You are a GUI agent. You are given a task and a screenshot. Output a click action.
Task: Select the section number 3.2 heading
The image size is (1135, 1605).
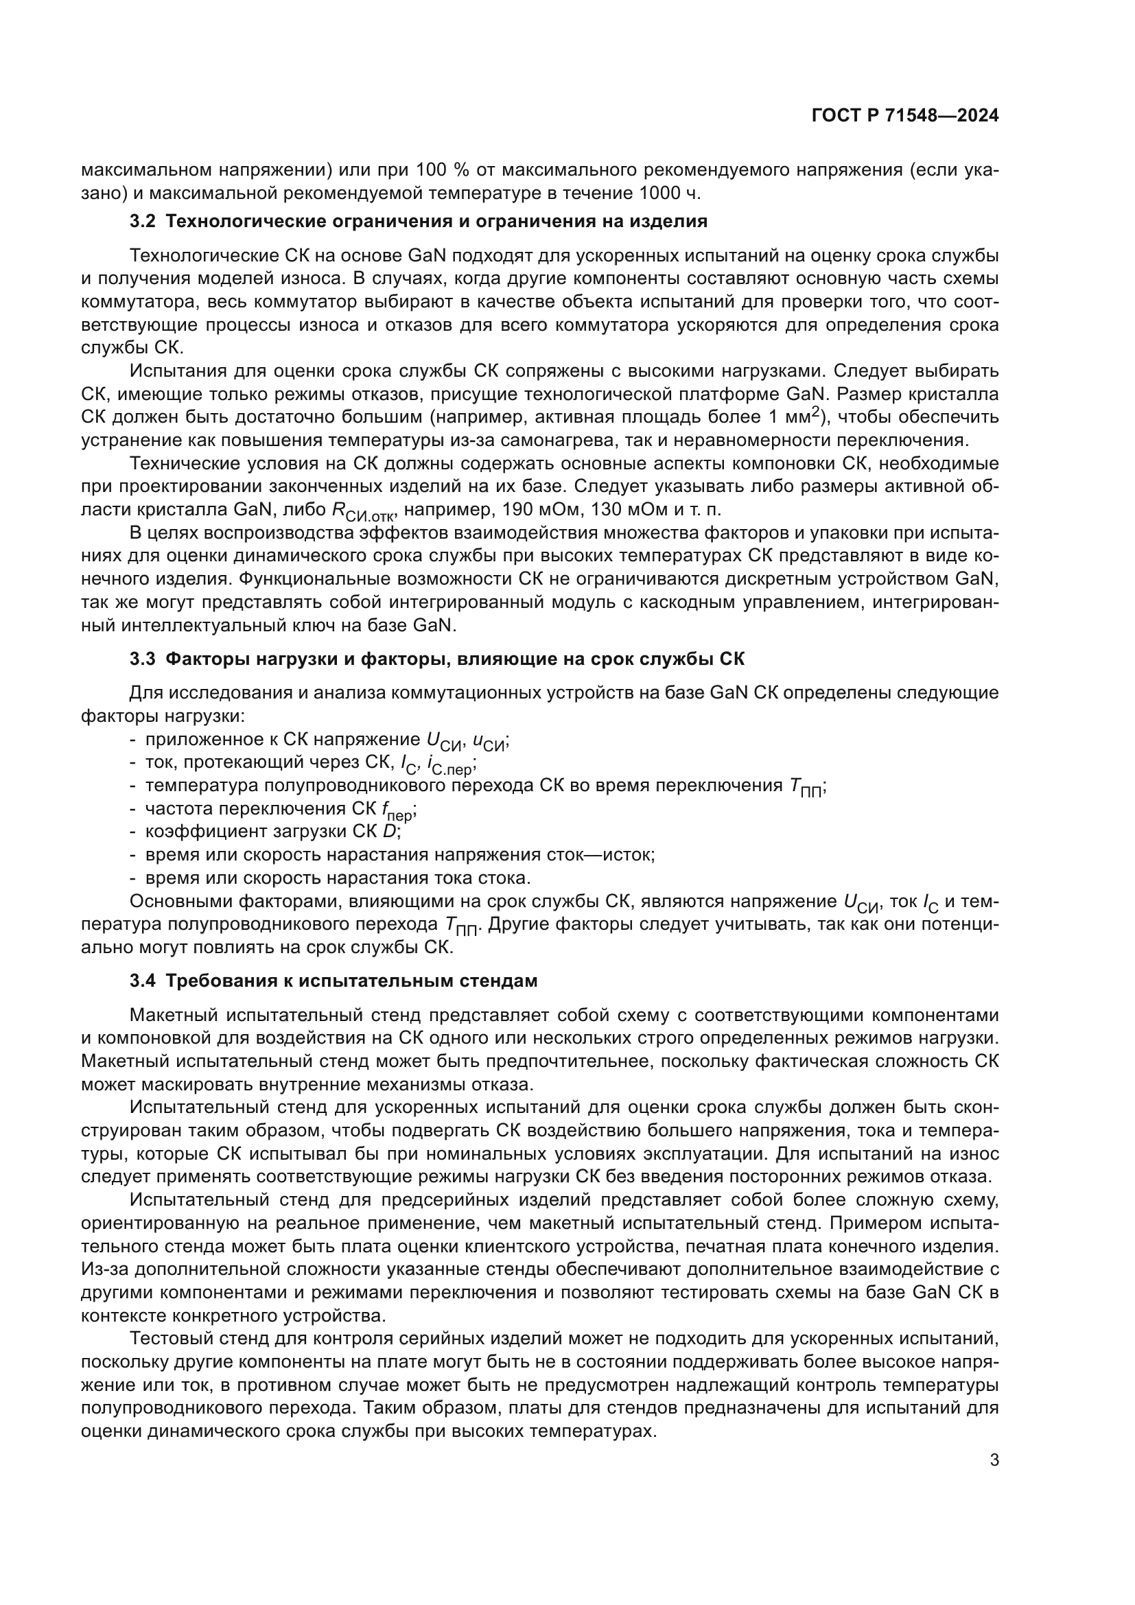point(143,222)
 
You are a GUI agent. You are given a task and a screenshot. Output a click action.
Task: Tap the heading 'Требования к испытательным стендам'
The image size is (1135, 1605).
point(351,981)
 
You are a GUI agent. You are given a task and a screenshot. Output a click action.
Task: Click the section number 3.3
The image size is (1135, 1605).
point(143,659)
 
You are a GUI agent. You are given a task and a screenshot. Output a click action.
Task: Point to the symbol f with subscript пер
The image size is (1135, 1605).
point(399,811)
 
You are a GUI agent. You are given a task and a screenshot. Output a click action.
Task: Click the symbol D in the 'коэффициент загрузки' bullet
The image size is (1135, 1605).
point(389,831)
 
